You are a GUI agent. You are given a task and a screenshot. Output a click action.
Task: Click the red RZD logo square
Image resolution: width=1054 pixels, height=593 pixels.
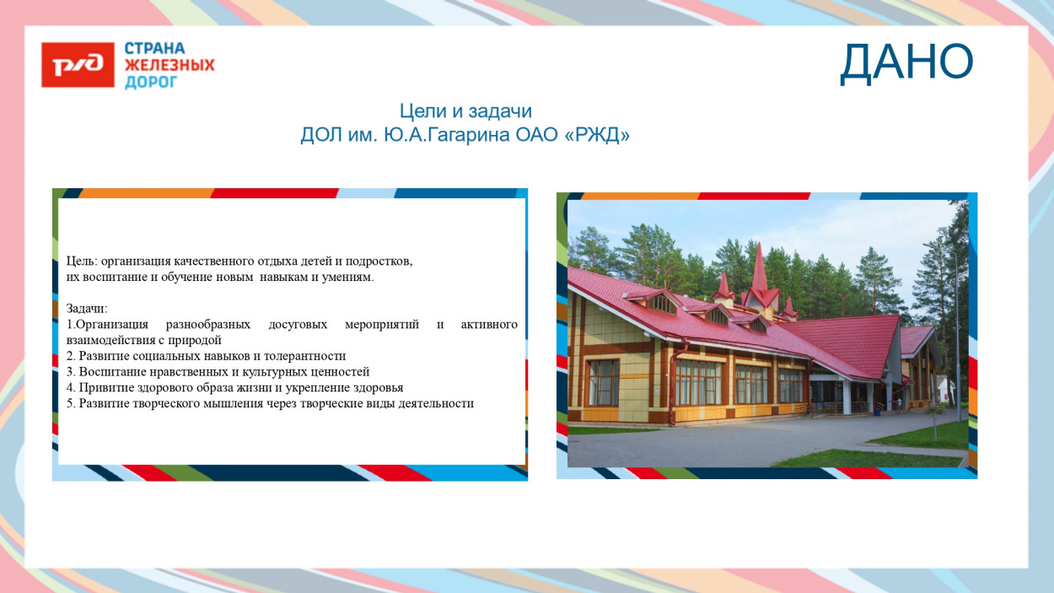click(78, 65)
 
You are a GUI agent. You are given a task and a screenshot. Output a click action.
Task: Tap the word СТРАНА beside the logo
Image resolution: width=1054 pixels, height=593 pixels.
click(155, 49)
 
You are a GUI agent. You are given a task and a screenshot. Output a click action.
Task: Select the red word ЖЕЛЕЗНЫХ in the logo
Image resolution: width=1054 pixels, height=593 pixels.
click(169, 65)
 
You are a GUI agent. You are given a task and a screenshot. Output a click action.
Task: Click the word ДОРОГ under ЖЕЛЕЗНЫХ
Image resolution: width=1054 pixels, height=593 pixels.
click(152, 82)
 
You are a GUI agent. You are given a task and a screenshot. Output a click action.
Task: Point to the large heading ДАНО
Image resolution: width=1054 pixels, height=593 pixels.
click(906, 62)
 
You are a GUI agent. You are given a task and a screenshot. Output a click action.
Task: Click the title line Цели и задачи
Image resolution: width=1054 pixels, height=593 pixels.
click(465, 111)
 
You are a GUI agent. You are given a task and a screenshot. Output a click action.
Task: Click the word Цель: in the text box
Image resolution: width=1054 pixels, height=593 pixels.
click(82, 261)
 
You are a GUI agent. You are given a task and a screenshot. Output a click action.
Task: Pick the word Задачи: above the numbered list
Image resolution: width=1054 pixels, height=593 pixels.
click(87, 309)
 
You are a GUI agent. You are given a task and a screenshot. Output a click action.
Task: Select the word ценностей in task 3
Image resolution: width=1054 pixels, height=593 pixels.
click(341, 372)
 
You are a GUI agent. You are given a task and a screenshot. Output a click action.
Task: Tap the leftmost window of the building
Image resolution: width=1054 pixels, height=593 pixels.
click(603, 381)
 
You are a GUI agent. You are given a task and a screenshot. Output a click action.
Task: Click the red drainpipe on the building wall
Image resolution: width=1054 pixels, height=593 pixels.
click(672, 380)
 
